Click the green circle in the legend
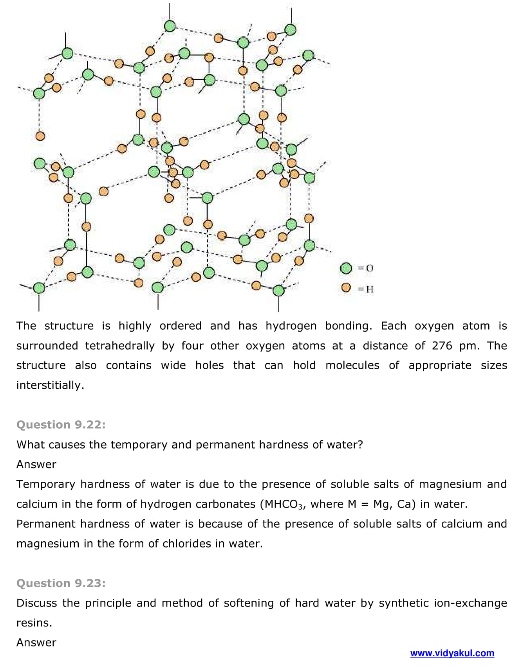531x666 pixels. pos(346,268)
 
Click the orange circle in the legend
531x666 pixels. pos(346,287)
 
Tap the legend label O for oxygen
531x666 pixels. pos(370,268)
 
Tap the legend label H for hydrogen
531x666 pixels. pos(370,289)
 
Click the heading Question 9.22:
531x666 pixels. pos(61,425)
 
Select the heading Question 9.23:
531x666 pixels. pos(61,583)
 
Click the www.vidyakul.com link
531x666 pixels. pos(452,653)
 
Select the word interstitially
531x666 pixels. pos(50,385)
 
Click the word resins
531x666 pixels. pos(34,623)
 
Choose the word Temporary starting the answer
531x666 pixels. pos(45,484)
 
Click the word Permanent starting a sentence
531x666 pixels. pos(46,524)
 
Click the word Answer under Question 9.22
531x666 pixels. pos(36,464)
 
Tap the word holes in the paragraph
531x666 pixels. pos(210,365)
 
